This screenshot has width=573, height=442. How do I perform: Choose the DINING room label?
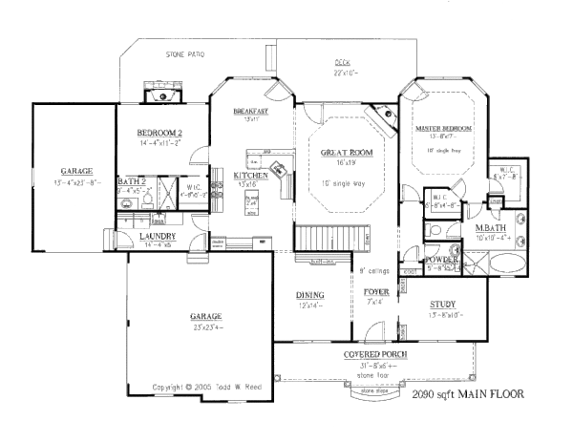(310, 295)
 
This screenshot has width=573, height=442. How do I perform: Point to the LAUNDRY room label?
(157, 236)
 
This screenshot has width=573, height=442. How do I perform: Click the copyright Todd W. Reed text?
(202, 387)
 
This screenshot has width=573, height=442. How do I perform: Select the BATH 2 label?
(131, 179)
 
